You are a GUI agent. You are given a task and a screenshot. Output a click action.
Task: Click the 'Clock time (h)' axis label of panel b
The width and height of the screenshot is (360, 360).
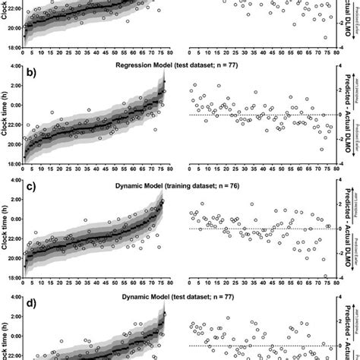[x=6, y=115]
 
